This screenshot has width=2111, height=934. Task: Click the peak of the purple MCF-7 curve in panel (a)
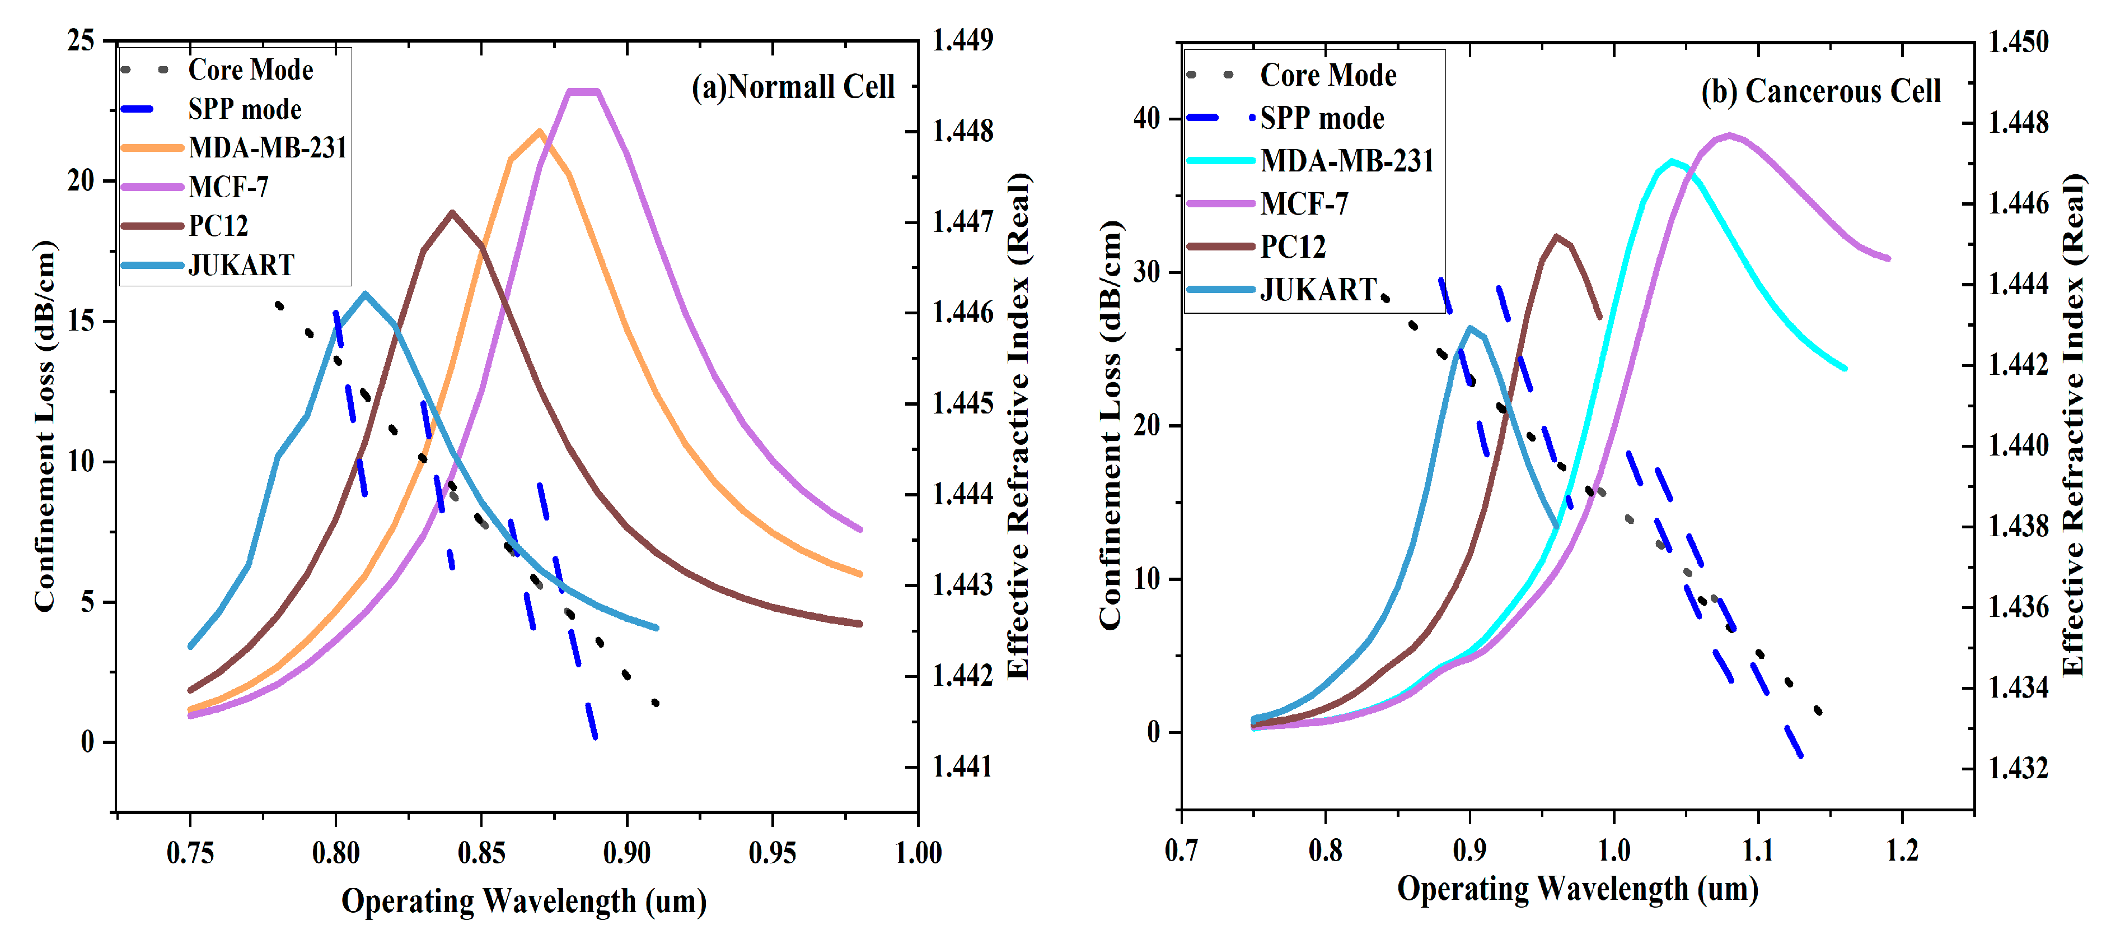pyautogui.click(x=583, y=91)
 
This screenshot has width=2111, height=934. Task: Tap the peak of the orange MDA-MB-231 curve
pyautogui.click(x=539, y=131)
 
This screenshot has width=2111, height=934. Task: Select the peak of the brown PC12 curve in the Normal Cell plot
pyautogui.click(x=452, y=212)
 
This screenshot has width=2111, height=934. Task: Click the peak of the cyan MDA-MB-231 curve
pyautogui.click(x=1672, y=161)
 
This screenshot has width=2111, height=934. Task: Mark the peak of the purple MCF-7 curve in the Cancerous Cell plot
pyautogui.click(x=1729, y=135)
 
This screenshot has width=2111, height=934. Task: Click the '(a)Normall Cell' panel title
pyautogui.click(x=793, y=87)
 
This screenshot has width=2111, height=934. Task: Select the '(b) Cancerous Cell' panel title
pyautogui.click(x=1821, y=91)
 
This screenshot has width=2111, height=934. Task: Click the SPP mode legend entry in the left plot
pyautogui.click(x=244, y=109)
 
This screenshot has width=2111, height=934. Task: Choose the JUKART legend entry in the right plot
pyautogui.click(x=1318, y=290)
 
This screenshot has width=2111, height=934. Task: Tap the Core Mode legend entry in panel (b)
pyautogui.click(x=1328, y=76)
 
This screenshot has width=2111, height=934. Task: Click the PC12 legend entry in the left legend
pyautogui.click(x=218, y=225)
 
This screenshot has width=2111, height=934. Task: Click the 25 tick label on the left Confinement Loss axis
pyautogui.click(x=81, y=40)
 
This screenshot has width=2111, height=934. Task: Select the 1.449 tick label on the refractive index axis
pyautogui.click(x=963, y=40)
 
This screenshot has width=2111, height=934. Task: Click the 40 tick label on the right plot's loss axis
pyautogui.click(x=1146, y=118)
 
